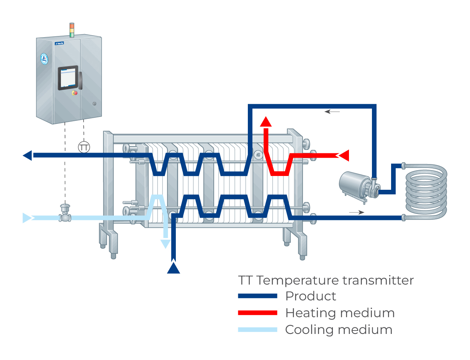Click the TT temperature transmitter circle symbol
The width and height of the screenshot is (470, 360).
(x=84, y=146)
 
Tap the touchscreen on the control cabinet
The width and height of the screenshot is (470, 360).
(x=68, y=78)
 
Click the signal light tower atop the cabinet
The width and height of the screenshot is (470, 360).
(x=72, y=30)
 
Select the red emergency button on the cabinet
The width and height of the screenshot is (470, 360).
(x=75, y=93)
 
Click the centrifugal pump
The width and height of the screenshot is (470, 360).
(x=358, y=185)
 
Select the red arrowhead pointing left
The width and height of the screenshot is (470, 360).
(x=344, y=155)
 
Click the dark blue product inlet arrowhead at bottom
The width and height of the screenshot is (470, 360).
(x=174, y=268)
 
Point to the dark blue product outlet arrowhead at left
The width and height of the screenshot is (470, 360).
(x=28, y=155)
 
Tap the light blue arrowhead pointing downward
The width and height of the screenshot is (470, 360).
(x=165, y=243)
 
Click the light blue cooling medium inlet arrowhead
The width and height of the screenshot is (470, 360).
(x=27, y=218)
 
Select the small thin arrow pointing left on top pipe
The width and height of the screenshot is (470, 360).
(x=332, y=112)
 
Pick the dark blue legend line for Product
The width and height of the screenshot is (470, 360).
(x=257, y=296)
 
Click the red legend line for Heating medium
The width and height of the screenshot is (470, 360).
(x=257, y=313)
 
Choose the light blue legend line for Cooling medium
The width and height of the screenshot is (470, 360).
(x=257, y=330)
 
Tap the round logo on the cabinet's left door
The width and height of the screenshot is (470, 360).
(x=44, y=58)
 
